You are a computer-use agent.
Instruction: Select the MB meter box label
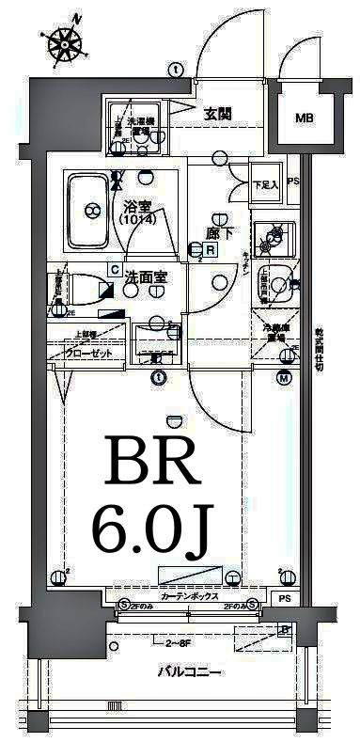304,118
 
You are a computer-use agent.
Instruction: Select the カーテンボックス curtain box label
189,597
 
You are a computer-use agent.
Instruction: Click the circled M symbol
283,378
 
